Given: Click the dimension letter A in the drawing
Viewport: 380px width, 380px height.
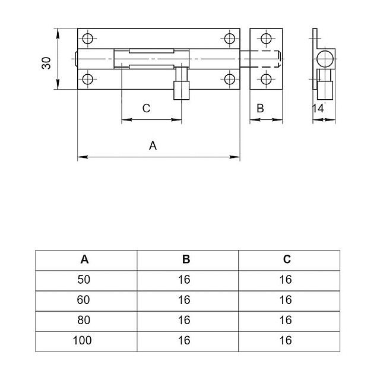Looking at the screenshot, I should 153,145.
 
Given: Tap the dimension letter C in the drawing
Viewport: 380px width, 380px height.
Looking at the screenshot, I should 146,108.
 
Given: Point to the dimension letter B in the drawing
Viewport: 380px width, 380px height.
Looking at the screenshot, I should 260,108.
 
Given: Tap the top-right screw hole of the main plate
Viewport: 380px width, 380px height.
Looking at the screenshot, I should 230,40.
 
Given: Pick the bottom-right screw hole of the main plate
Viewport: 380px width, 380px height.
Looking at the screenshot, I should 230,79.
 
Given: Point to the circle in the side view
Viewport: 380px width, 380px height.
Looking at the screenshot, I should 324,59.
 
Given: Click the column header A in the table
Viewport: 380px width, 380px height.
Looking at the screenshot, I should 85,259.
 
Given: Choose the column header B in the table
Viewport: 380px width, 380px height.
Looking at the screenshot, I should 186,259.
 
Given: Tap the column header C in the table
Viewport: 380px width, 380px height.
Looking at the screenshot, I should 287,259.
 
